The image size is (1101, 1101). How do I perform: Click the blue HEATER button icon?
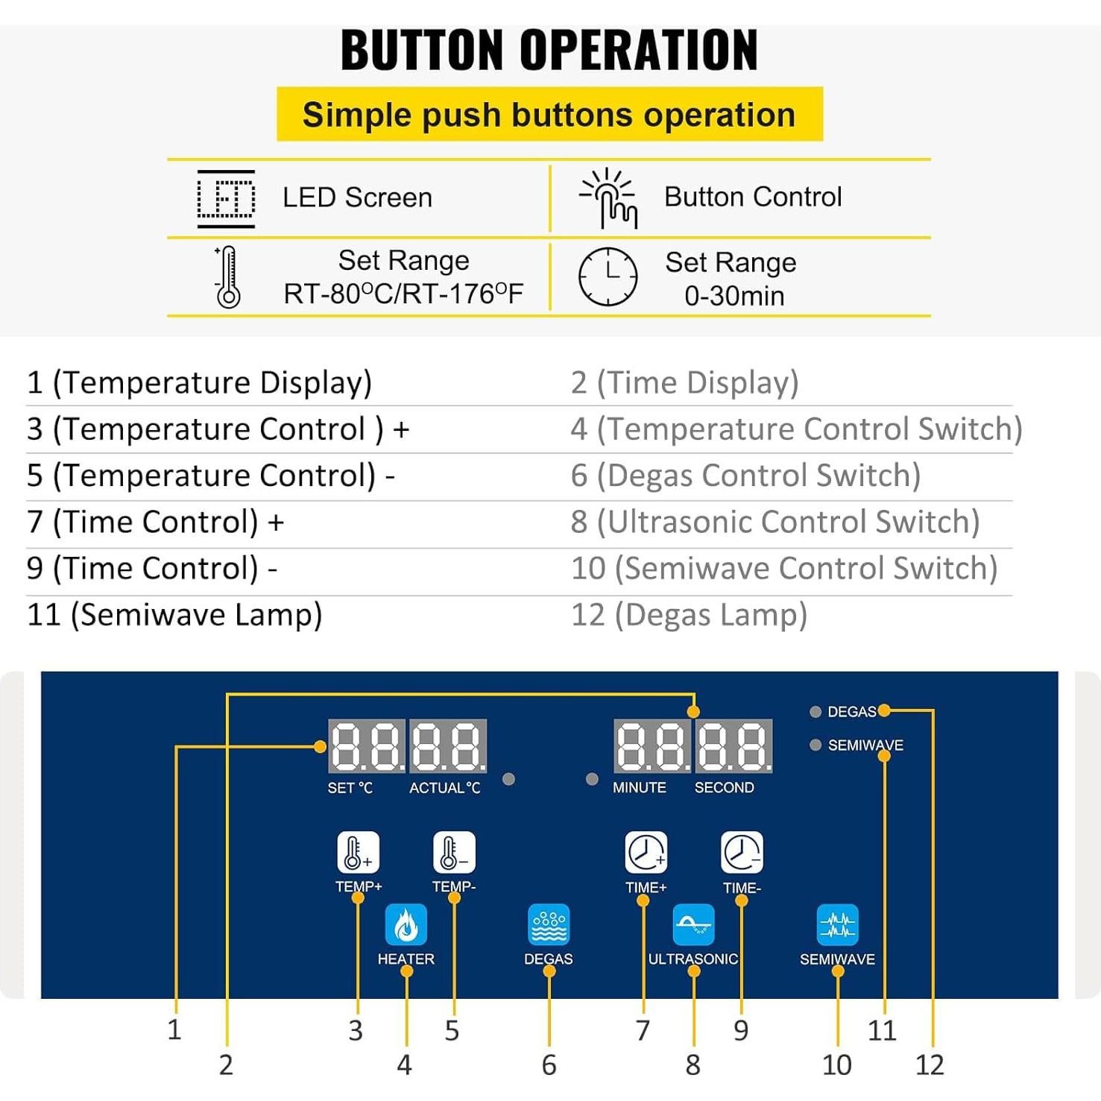(x=406, y=924)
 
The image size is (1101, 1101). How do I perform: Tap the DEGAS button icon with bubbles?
(x=549, y=924)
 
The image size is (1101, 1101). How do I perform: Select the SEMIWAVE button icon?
(x=837, y=924)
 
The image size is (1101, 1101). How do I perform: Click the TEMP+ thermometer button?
(x=359, y=852)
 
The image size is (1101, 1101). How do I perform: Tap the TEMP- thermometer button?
(x=454, y=852)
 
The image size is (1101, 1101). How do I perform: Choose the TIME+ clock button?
(x=646, y=853)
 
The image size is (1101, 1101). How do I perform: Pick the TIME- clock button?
(x=742, y=853)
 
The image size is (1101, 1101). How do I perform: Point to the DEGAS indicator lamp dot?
(x=816, y=712)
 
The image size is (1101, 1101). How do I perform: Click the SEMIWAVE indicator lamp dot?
(x=816, y=745)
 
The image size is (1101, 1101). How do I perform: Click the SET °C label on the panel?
(x=350, y=788)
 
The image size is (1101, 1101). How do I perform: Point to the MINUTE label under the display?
(x=640, y=788)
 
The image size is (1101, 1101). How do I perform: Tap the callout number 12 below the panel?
(x=930, y=1065)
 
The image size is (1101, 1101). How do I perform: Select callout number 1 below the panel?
(x=174, y=1029)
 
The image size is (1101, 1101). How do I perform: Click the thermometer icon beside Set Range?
(x=227, y=277)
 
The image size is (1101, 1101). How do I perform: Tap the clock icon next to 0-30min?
(x=608, y=277)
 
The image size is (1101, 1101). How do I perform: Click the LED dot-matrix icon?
(x=226, y=198)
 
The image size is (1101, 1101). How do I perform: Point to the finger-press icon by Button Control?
(x=610, y=198)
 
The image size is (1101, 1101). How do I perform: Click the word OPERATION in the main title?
(x=638, y=51)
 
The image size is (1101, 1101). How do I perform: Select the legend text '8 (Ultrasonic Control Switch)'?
(x=775, y=522)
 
